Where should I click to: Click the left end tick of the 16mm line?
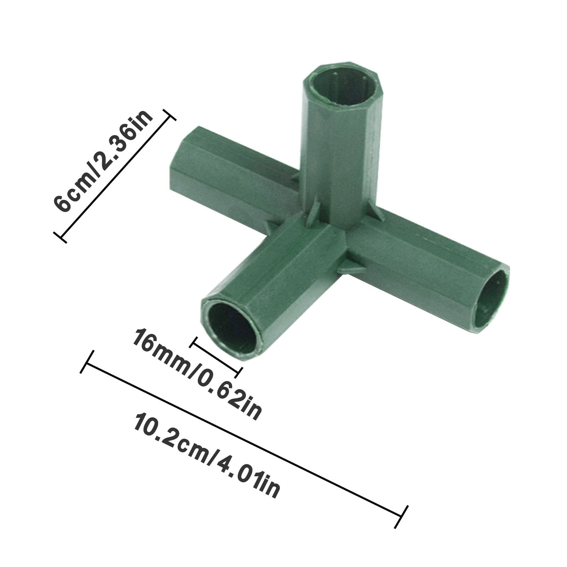tap(194, 342)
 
